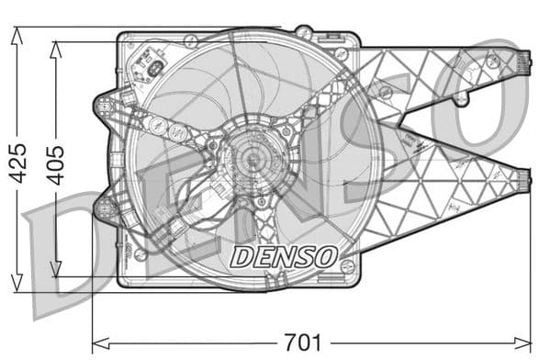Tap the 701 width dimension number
302,343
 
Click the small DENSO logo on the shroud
284,256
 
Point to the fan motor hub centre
250,159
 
